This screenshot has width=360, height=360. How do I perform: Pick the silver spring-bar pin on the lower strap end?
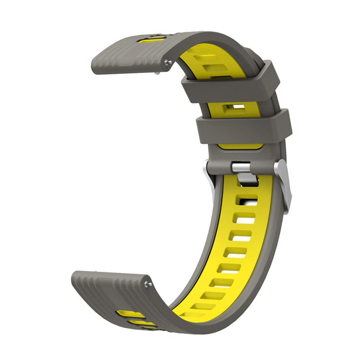click(x=149, y=284)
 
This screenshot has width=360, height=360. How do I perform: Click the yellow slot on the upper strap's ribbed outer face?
click(x=153, y=39)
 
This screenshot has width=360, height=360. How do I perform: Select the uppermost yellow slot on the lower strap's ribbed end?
click(x=130, y=314)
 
